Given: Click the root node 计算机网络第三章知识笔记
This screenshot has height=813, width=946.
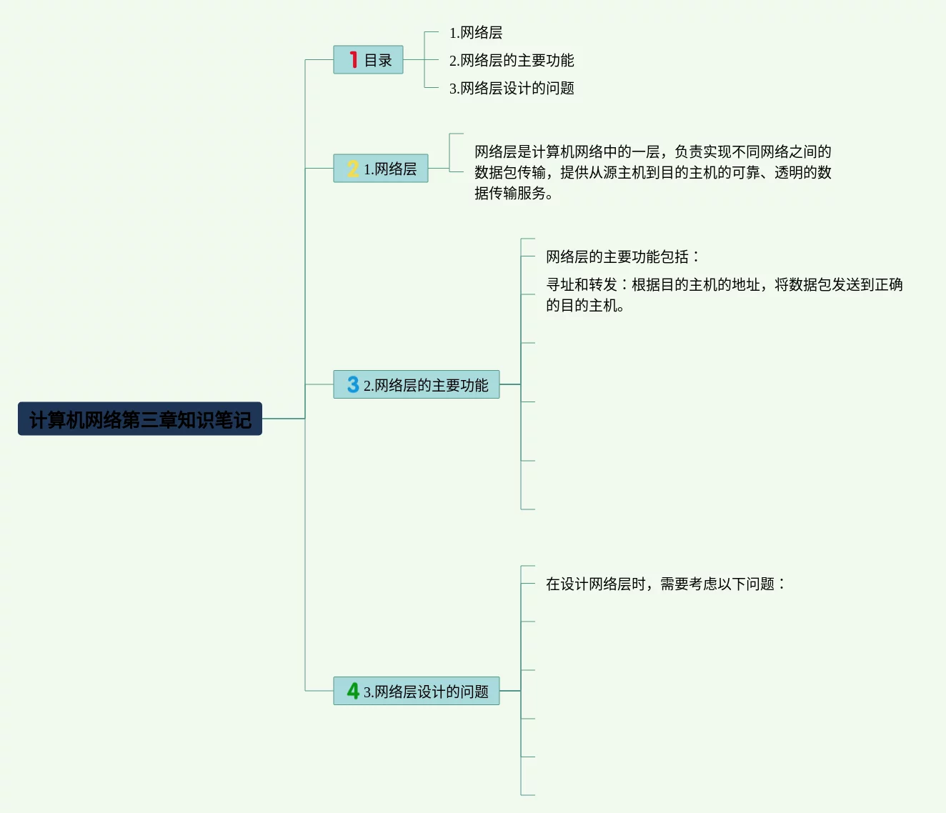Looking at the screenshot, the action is (140, 419).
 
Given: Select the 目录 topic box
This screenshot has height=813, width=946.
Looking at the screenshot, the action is (368, 60).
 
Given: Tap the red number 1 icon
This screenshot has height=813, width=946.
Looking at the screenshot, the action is (353, 59).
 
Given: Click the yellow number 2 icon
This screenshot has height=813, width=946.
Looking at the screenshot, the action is (352, 169).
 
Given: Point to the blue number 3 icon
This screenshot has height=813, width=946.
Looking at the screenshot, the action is (353, 384).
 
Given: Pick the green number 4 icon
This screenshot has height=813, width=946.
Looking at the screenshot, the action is (353, 691).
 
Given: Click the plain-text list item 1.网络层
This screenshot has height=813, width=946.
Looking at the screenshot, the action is (476, 33).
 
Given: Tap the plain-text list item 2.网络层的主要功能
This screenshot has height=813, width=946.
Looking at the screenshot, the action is (512, 61).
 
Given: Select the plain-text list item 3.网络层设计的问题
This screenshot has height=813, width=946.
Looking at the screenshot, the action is (512, 89).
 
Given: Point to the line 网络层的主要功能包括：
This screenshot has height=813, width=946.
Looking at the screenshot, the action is (622, 257).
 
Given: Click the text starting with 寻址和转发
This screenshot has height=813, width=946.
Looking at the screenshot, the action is (724, 285).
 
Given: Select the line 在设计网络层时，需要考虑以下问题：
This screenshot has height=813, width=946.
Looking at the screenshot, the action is (665, 584).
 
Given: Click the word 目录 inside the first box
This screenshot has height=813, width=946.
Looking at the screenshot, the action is (378, 61).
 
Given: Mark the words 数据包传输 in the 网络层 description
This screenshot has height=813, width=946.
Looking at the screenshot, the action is (510, 173).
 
